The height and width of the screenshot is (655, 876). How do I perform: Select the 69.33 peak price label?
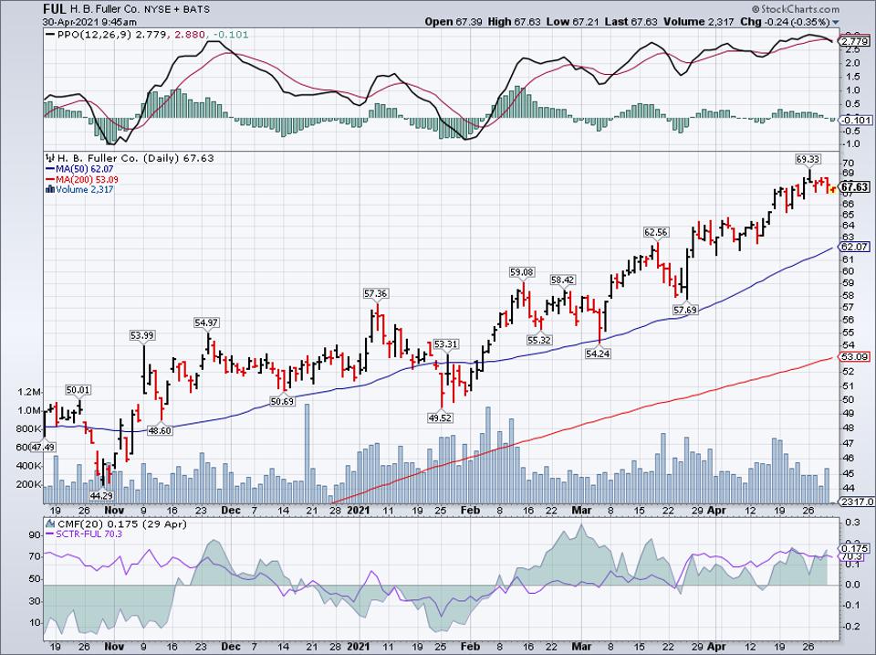pyautogui.click(x=807, y=159)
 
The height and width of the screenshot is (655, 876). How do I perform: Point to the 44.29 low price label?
pyautogui.click(x=99, y=495)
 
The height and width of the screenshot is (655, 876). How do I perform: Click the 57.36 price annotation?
pyautogui.click(x=376, y=293)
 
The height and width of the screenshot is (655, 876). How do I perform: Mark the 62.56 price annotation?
pyautogui.click(x=656, y=232)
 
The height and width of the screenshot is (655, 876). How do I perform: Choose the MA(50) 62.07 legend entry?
pyautogui.click(x=81, y=170)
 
